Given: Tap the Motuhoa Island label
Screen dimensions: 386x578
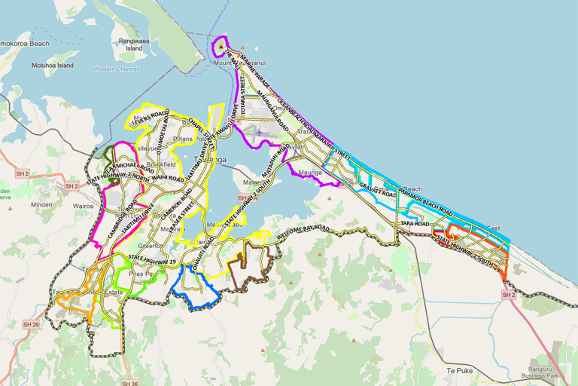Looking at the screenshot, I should pyautogui.click(x=53, y=66).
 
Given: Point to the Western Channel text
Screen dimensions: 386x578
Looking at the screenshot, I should pyautogui.click(x=117, y=69).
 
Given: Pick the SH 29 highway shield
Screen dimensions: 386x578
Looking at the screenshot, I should pyautogui.click(x=30, y=324).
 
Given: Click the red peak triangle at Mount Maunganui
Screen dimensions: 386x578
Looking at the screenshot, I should pyautogui.click(x=221, y=53).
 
